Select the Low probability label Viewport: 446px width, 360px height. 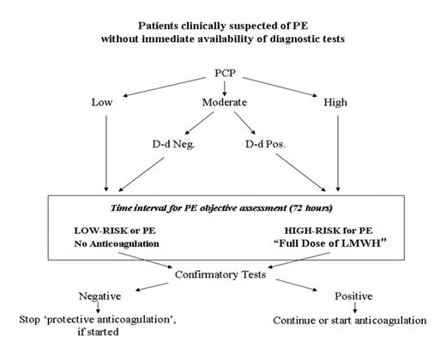[103, 103]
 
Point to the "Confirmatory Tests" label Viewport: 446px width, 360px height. [225, 277]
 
